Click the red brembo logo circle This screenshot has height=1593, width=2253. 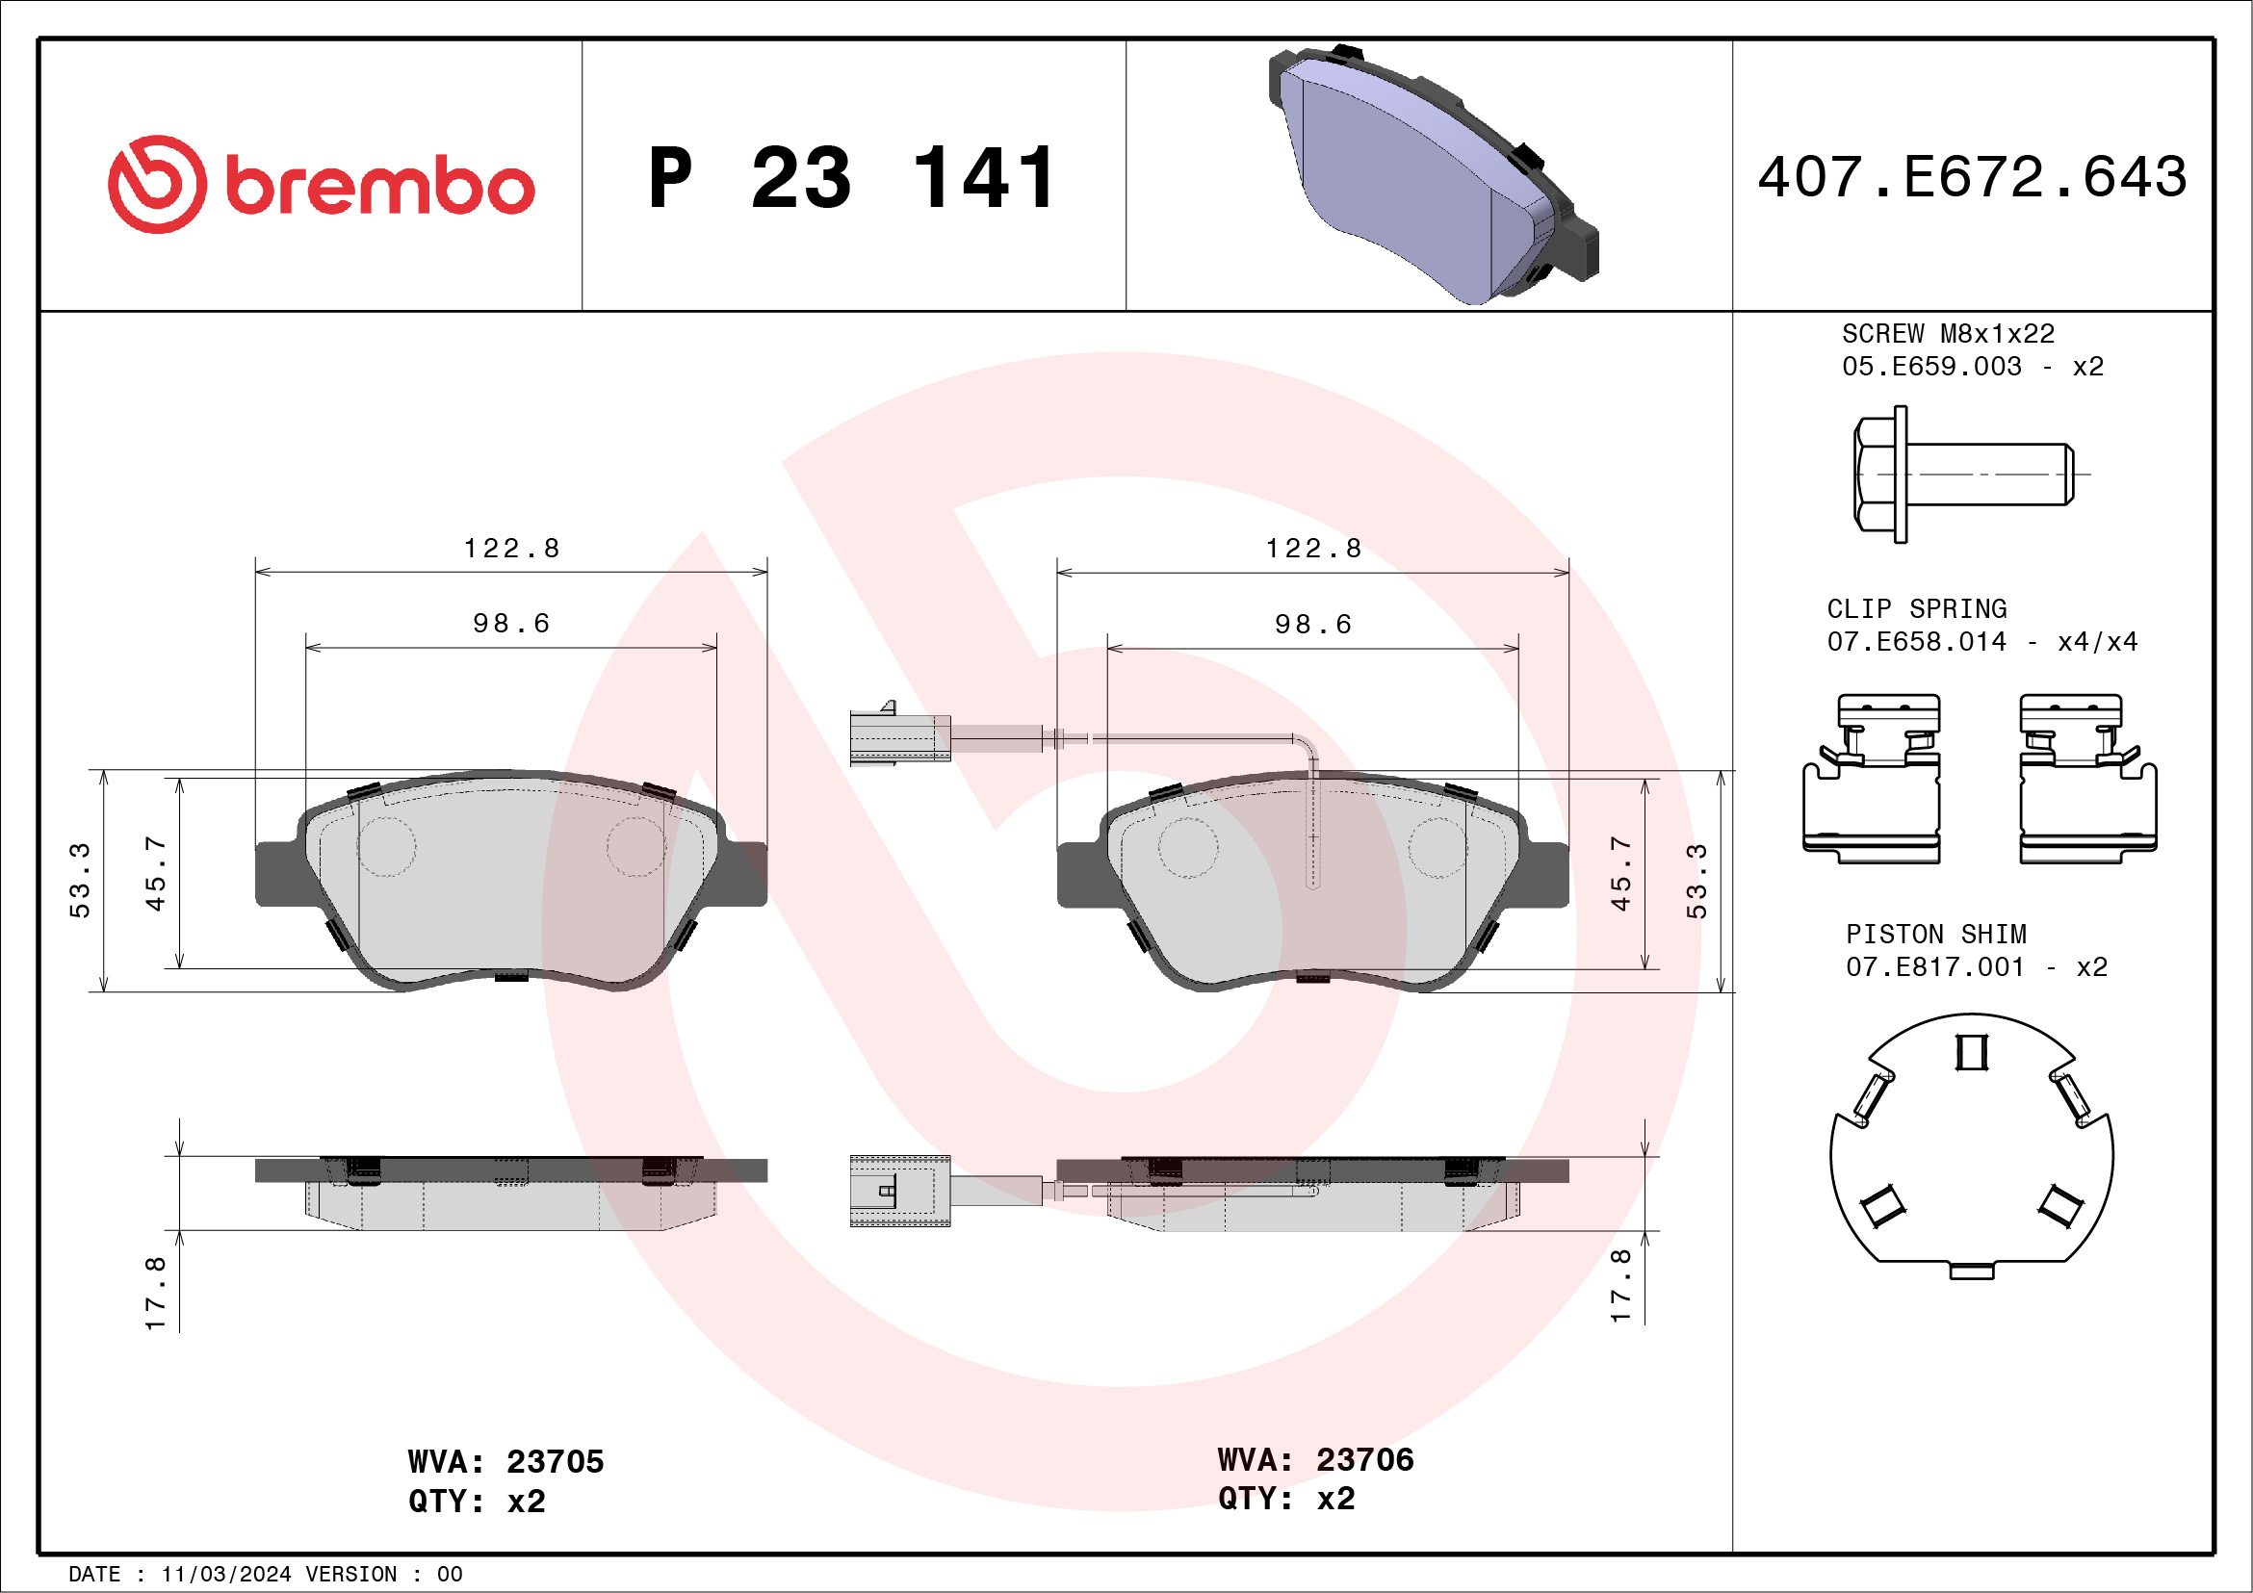pyautogui.click(x=157, y=185)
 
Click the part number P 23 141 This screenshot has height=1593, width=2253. pyautogui.click(x=852, y=178)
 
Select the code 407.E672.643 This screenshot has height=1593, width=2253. pyautogui.click(x=1973, y=177)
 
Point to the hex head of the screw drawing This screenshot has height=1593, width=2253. pyautogui.click(x=1877, y=475)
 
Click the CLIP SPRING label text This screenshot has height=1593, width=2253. pyautogui.click(x=1916, y=609)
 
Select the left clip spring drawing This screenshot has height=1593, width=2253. pyautogui.click(x=1872, y=780)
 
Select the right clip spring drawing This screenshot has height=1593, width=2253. pyautogui.click(x=2087, y=780)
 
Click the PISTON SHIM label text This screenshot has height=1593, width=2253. pyautogui.click(x=1936, y=935)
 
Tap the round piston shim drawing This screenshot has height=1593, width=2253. pyautogui.click(x=1972, y=1152)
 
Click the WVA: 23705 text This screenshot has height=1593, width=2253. pyautogui.click(x=505, y=1462)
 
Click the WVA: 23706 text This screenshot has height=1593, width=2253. pyautogui.click(x=1315, y=1460)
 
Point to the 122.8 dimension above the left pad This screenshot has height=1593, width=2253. pyautogui.click(x=511, y=549)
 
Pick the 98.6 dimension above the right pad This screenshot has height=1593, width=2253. pyautogui.click(x=1313, y=625)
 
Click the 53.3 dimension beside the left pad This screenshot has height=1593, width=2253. pyautogui.click(x=80, y=880)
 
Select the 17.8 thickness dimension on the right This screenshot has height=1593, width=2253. pyautogui.click(x=1620, y=1286)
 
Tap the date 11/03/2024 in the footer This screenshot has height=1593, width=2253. pyautogui.click(x=225, y=1575)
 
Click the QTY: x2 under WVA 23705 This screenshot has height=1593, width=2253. pyautogui.click(x=476, y=1502)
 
